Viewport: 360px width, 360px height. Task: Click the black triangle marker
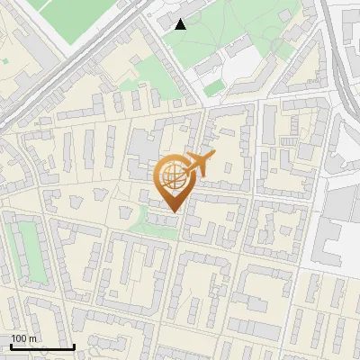(x=180, y=23)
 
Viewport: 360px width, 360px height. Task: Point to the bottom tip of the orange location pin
(x=172, y=212)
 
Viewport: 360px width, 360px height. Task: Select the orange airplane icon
(x=199, y=164)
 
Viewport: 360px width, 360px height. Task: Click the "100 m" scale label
(x=23, y=338)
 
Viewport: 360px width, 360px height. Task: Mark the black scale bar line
(x=41, y=346)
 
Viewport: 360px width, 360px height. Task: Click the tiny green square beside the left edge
(x=4, y=61)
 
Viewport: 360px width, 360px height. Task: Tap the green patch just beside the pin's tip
(x=148, y=221)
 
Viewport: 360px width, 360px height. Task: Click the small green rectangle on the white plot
(x=213, y=89)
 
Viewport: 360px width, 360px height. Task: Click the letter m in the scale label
(x=32, y=338)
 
